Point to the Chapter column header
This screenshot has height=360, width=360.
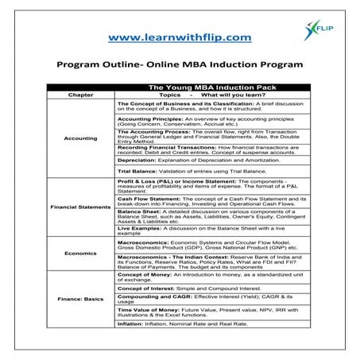pos(80,94)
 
